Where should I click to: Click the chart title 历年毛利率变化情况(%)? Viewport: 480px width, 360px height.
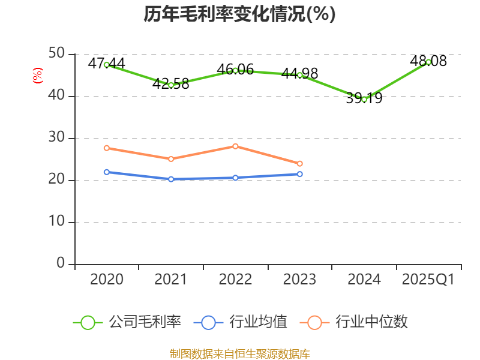click(x=239, y=14)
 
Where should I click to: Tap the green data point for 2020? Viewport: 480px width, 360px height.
click(x=107, y=65)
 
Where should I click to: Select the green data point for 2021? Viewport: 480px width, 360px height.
click(x=171, y=85)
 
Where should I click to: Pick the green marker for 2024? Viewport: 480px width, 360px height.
click(x=364, y=99)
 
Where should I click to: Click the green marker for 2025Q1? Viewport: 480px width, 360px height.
click(x=428, y=62)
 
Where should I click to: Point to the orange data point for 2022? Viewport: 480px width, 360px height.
click(x=235, y=146)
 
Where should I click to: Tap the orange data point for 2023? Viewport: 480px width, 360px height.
click(x=300, y=164)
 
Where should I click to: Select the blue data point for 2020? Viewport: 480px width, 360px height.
click(x=107, y=172)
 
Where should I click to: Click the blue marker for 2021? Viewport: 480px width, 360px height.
click(x=171, y=179)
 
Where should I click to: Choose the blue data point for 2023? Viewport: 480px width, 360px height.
click(x=300, y=174)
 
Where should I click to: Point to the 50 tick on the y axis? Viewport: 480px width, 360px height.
click(x=57, y=54)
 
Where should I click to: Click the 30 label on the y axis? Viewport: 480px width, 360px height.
click(x=57, y=138)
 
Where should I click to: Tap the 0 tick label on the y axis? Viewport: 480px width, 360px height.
click(x=61, y=264)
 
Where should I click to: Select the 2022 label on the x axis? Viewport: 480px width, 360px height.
click(x=235, y=280)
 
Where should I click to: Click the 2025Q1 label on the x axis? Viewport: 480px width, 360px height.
click(x=428, y=280)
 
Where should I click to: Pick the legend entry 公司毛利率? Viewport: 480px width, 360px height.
click(x=127, y=322)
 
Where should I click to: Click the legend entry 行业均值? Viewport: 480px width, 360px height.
click(x=241, y=322)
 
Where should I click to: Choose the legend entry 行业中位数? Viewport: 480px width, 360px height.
click(x=358, y=322)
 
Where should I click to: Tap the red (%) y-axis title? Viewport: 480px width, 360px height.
click(x=38, y=76)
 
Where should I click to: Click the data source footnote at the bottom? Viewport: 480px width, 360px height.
click(x=239, y=353)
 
